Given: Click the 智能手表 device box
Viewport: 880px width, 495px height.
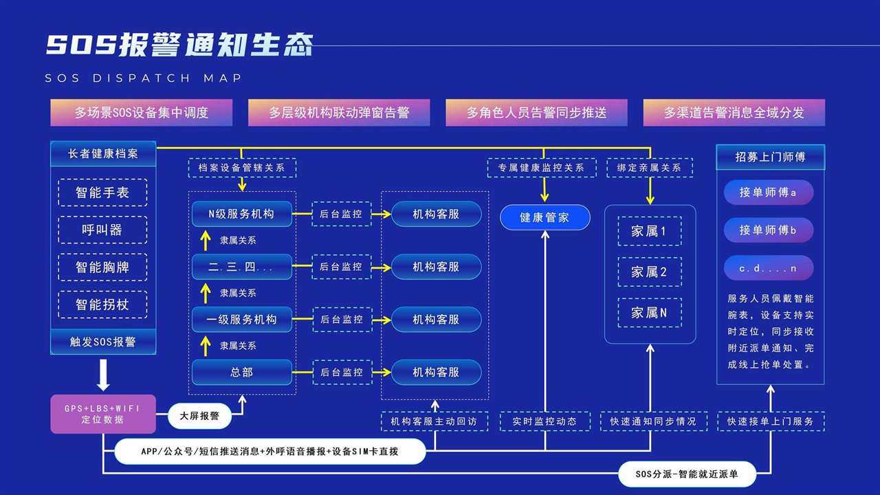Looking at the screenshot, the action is click(102, 192).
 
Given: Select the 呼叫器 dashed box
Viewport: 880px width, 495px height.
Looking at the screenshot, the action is click(102, 230).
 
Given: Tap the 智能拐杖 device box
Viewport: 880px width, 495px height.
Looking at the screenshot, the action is click(102, 305).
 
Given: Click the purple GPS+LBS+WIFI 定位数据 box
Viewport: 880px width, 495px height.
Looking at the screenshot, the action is click(103, 414).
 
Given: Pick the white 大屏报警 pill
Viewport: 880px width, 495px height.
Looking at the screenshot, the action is click(199, 416).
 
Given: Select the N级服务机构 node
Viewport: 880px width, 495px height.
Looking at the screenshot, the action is click(241, 214).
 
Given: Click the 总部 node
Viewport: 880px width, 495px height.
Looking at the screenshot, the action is click(241, 372).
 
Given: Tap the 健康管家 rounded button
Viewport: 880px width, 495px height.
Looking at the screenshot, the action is click(545, 217).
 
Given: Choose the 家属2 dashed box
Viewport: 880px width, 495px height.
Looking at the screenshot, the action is click(650, 272).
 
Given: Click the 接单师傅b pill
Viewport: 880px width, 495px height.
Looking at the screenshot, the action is click(769, 230).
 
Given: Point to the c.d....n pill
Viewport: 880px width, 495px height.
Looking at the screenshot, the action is click(769, 268).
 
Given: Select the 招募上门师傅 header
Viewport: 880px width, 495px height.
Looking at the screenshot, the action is click(771, 157).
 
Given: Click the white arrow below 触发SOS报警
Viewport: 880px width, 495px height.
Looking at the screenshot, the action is click(103, 375).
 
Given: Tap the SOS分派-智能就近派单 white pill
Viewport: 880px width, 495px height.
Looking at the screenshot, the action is click(687, 474).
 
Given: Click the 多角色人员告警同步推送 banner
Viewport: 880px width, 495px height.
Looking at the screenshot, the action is click(536, 113).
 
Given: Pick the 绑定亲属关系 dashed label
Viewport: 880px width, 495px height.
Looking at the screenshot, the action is click(650, 168).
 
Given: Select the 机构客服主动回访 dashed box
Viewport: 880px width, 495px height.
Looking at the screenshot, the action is click(434, 421).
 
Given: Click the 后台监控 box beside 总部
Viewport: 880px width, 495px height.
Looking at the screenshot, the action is click(342, 372).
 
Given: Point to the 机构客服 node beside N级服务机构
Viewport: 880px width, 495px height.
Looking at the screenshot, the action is click(436, 214).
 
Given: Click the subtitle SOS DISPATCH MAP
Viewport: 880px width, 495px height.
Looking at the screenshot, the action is click(144, 78).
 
